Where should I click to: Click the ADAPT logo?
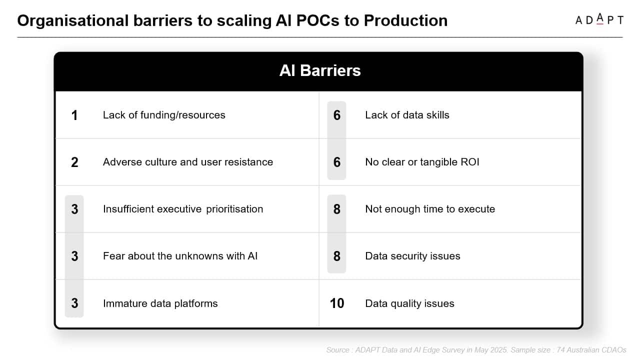click(x=599, y=19)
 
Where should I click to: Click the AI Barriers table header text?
click(x=320, y=70)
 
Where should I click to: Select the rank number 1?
click(x=74, y=115)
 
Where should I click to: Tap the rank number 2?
click(x=74, y=162)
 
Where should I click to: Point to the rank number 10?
click(x=337, y=303)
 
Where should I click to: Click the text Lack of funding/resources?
click(x=164, y=115)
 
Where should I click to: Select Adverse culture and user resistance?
click(x=188, y=162)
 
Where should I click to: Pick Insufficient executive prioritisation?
click(x=183, y=209)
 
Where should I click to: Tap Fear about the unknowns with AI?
click(x=180, y=256)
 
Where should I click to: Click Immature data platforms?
click(x=160, y=303)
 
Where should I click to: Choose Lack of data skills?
click(x=407, y=115)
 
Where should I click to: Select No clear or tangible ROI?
click(x=422, y=162)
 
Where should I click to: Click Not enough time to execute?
click(x=430, y=209)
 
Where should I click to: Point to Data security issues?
click(x=412, y=256)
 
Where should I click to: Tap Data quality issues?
click(x=409, y=303)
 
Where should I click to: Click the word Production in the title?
click(x=405, y=20)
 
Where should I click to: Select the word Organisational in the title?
click(x=73, y=21)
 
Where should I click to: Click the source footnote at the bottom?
click(x=476, y=350)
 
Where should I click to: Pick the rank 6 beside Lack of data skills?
click(x=337, y=115)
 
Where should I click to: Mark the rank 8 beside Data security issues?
click(x=337, y=256)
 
